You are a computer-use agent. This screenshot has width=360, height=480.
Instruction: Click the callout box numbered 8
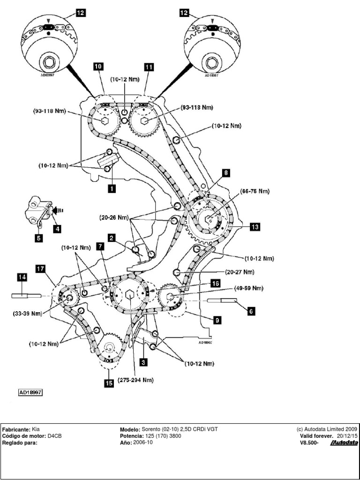pyautogui.click(x=226, y=173)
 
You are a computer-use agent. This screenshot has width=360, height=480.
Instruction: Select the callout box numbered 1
pyautogui.click(x=112, y=188)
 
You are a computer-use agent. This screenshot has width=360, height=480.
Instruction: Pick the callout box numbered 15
pyautogui.click(x=108, y=382)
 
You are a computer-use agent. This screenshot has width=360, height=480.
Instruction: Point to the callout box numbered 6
pyautogui.click(x=252, y=310)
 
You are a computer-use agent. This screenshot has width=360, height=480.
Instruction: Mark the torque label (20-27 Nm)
pyautogui.click(x=240, y=272)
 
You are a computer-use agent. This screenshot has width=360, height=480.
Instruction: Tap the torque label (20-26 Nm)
pyautogui.click(x=112, y=217)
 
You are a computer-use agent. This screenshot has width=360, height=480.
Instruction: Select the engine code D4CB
pyautogui.click(x=55, y=435)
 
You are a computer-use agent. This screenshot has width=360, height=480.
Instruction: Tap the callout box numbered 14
pyautogui.click(x=22, y=277)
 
